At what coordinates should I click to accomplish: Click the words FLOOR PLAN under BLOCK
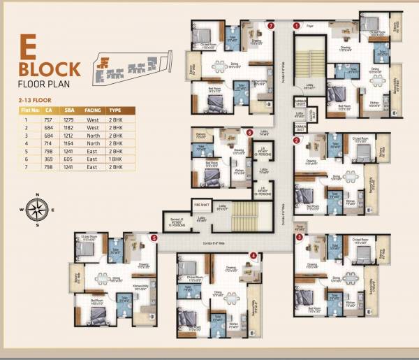click(47, 87)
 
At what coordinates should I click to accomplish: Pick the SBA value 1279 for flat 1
click(69, 119)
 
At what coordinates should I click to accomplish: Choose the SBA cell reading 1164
click(69, 142)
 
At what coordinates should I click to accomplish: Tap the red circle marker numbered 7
click(270, 25)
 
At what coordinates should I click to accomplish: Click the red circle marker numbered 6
click(249, 131)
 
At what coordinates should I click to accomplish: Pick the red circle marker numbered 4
click(252, 256)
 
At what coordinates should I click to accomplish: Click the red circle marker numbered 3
click(299, 237)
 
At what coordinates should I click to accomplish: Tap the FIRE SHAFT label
click(202, 204)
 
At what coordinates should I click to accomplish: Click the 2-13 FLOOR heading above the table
click(35, 101)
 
